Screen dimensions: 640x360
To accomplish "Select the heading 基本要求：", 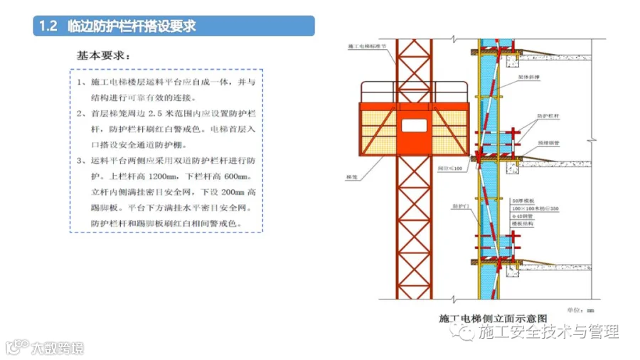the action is [104, 55].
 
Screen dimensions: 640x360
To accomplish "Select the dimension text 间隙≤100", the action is [451, 169].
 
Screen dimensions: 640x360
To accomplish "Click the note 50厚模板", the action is [523, 201].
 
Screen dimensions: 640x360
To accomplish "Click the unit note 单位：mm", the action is [580, 309].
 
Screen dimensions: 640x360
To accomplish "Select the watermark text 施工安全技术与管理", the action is [548, 332].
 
